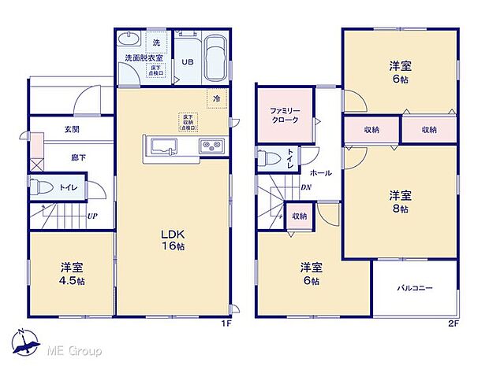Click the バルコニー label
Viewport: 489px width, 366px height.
pos(414,289)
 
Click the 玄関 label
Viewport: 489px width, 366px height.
pos(71,129)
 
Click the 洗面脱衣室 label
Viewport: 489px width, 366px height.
pos(144,58)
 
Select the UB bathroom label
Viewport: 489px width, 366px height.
pos(189,62)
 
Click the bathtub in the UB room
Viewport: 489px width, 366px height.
pos(214,57)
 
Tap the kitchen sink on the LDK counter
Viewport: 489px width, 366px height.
pos(165,145)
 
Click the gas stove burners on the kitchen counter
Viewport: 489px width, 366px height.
pos(211,145)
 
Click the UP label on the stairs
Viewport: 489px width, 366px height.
pos(92,215)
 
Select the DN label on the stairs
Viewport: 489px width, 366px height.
pos(306,187)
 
